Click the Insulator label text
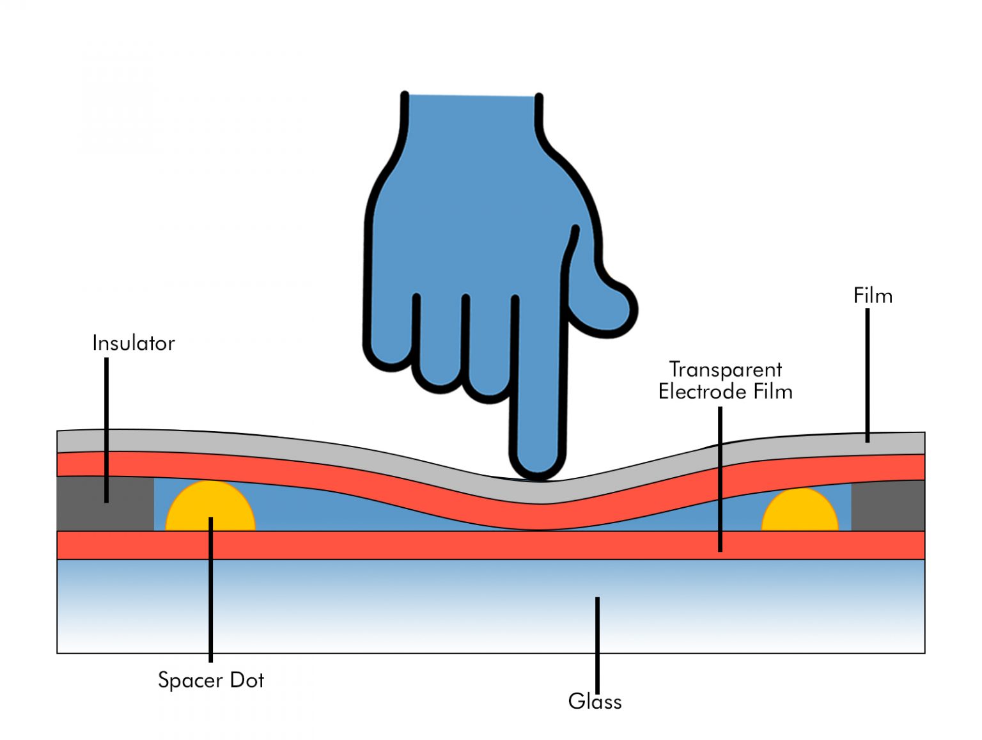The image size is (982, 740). click(133, 343)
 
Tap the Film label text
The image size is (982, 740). click(873, 296)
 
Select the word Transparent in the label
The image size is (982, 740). click(726, 370)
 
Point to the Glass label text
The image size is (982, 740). click(595, 702)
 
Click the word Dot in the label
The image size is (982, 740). click(247, 680)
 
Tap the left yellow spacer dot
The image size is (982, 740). click(210, 507)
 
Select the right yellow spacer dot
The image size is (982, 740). click(800, 511)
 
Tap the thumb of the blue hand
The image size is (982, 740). click(607, 307)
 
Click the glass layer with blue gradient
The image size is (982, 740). click(384, 608)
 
